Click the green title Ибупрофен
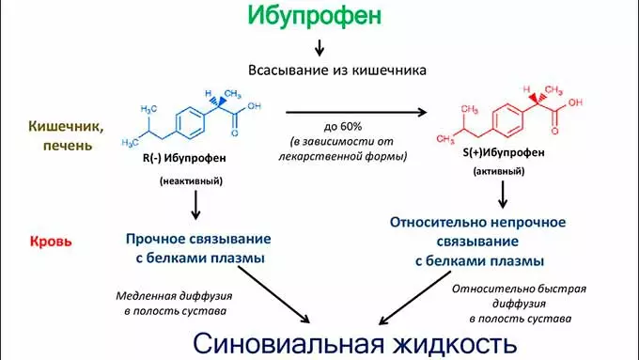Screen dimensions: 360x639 [x=318, y=16]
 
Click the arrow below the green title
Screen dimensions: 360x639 [x=319, y=47]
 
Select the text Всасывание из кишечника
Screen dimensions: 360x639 [x=319, y=70]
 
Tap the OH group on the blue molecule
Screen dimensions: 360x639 [x=254, y=105]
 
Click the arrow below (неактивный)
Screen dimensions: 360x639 [x=195, y=205]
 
